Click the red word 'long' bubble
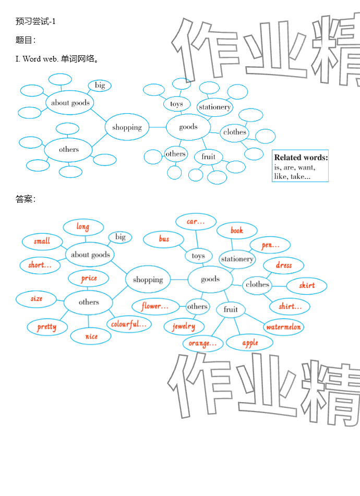tap(83, 227)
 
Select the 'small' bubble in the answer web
tap(42, 241)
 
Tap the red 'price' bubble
tap(89, 279)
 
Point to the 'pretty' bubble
tap(47, 327)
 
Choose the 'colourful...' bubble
tap(129, 324)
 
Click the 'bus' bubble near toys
tap(164, 239)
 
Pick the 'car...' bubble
tap(196, 222)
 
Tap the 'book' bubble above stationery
tap(237, 230)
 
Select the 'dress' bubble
tap(284, 265)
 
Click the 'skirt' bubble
tap(307, 285)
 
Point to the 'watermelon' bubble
tap(283, 328)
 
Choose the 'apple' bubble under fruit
tap(250, 343)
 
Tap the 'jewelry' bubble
tap(184, 326)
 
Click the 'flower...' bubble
tap(154, 306)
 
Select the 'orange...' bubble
tap(202, 343)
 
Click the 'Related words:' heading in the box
tap(301, 158)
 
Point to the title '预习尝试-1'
tap(35, 21)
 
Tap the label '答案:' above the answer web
tap(25, 199)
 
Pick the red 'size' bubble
tap(37, 299)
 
